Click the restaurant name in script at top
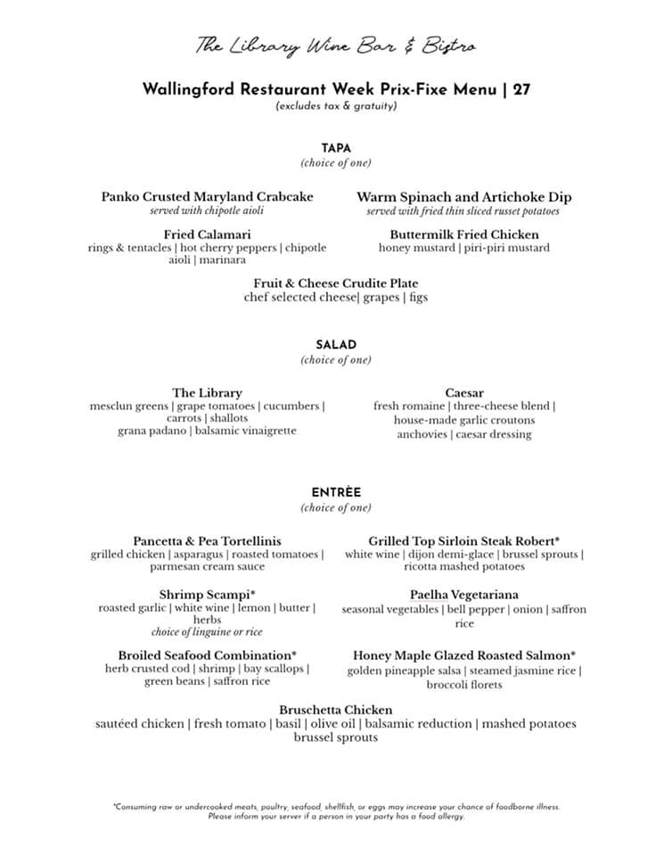[x=335, y=45]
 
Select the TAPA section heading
[x=336, y=148]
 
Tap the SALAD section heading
[x=336, y=345]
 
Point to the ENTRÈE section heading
[x=336, y=492]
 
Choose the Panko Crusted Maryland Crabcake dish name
[x=207, y=197]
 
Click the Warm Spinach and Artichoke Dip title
[x=464, y=197]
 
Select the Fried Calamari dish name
[x=207, y=235]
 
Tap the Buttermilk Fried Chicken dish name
[x=464, y=235]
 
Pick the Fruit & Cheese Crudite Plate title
[x=336, y=284]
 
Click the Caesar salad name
[x=464, y=392]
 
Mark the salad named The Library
[x=207, y=392]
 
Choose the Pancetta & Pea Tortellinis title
[x=207, y=541]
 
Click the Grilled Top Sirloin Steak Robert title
[x=464, y=541]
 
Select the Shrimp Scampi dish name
[x=207, y=594]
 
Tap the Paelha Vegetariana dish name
[x=464, y=594]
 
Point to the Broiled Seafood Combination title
[x=207, y=655]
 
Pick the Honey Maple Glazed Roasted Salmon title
[x=464, y=655]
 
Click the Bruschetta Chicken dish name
[x=336, y=710]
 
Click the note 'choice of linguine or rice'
[x=207, y=632]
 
